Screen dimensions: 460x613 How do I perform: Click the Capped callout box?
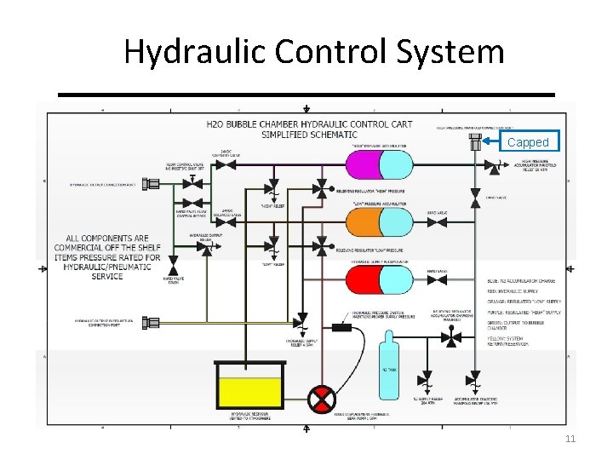pos(528,141)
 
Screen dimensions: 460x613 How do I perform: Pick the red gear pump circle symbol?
pos(322,398)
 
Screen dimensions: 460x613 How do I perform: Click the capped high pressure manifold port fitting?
pos(474,143)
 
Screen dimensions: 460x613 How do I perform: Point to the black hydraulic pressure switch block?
pos(342,326)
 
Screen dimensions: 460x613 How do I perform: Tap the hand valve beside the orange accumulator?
pos(432,223)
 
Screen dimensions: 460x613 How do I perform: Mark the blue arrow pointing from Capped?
pos(492,141)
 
